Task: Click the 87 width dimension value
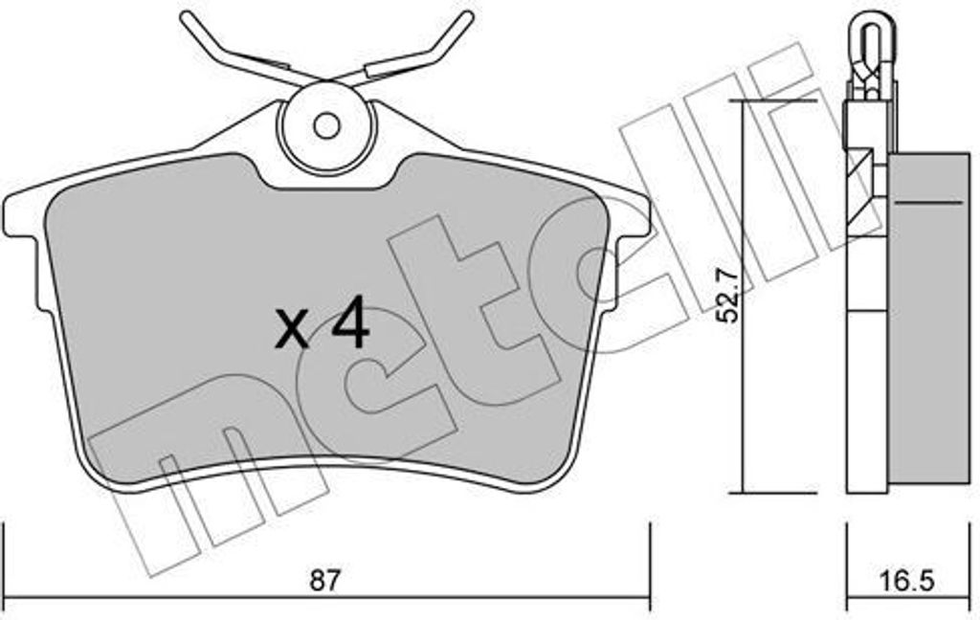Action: click(x=325, y=582)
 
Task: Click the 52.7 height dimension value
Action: click(x=727, y=296)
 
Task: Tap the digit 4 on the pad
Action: click(x=350, y=326)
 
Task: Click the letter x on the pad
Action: click(x=292, y=331)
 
